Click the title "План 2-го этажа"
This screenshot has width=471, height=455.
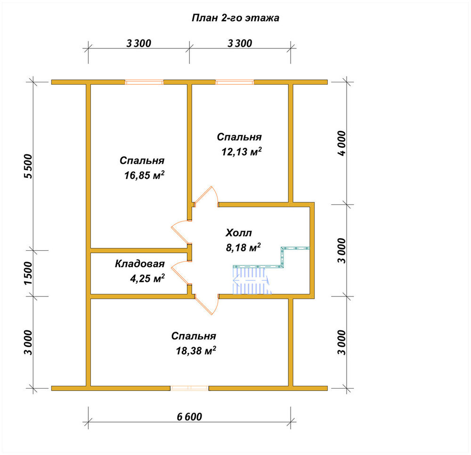click(235, 18)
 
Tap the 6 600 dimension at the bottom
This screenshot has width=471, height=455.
click(189, 416)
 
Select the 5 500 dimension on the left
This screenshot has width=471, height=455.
click(28, 166)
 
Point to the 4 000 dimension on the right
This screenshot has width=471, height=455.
click(342, 143)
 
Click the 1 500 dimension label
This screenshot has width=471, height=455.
click(28, 273)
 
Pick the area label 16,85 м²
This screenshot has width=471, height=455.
click(145, 175)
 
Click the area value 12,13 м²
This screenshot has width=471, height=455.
click(242, 152)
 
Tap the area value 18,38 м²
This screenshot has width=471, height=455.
click(196, 350)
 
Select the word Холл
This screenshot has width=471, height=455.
click(239, 232)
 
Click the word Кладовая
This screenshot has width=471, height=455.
click(140, 264)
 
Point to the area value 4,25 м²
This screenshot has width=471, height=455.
click(147, 278)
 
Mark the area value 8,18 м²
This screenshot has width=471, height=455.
click(243, 247)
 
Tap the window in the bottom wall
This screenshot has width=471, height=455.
click(189, 388)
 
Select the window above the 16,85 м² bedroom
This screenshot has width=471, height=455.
click(144, 82)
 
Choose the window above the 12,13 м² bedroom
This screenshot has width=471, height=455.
click(235, 82)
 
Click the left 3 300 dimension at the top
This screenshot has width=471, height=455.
click(139, 43)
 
